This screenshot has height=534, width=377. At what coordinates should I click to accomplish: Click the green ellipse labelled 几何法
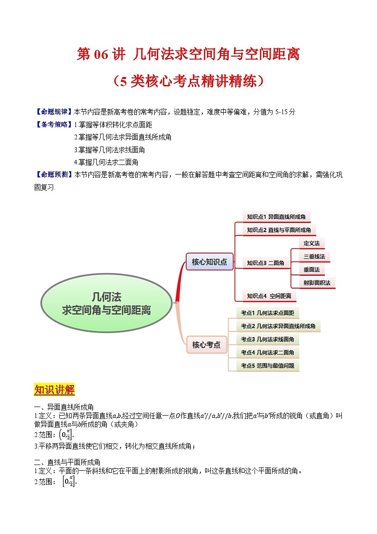[x=106, y=303]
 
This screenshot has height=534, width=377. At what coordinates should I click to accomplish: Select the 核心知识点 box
[x=209, y=262]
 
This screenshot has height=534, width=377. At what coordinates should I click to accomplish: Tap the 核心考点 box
[x=206, y=345]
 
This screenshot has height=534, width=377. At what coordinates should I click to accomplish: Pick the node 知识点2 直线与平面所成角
[x=279, y=230]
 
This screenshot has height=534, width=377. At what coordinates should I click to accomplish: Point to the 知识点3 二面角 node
[x=265, y=262]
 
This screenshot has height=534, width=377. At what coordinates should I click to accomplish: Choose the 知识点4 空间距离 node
[x=269, y=296]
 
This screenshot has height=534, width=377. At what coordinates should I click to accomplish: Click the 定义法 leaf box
[x=311, y=243]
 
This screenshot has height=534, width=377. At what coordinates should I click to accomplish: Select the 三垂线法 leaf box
[x=314, y=256]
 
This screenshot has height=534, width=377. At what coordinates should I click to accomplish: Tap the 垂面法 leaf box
[x=311, y=270]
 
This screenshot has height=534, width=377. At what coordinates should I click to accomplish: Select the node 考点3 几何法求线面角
[x=267, y=339]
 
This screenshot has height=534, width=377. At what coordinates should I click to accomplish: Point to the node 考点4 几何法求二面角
[x=267, y=352]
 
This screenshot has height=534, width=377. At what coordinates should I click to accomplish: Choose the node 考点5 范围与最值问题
[x=267, y=366]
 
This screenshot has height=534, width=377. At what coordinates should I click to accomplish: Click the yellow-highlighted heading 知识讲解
[x=54, y=390]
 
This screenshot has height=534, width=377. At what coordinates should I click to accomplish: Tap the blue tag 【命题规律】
[x=54, y=112]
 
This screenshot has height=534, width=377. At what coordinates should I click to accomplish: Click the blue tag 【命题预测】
[x=54, y=175]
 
